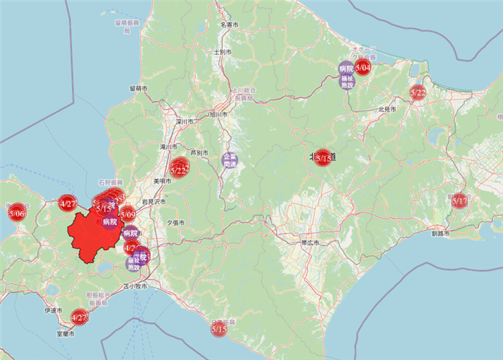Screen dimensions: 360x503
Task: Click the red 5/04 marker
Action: point(363,68)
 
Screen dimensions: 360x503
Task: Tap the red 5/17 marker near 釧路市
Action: point(460,201)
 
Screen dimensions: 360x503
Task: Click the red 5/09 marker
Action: point(128,213)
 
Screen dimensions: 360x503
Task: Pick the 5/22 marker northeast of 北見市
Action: point(418,92)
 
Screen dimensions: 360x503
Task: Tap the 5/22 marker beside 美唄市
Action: point(180,170)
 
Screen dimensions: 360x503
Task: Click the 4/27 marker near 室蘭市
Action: point(79,317)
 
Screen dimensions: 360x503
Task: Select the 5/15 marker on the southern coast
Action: point(220,328)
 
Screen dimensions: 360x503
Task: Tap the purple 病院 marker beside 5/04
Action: point(346,69)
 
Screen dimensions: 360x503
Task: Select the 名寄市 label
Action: point(229,25)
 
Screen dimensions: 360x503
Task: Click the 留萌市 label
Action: point(138,88)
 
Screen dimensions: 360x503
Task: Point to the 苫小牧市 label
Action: point(135,286)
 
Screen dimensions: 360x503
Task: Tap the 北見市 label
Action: point(387,109)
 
